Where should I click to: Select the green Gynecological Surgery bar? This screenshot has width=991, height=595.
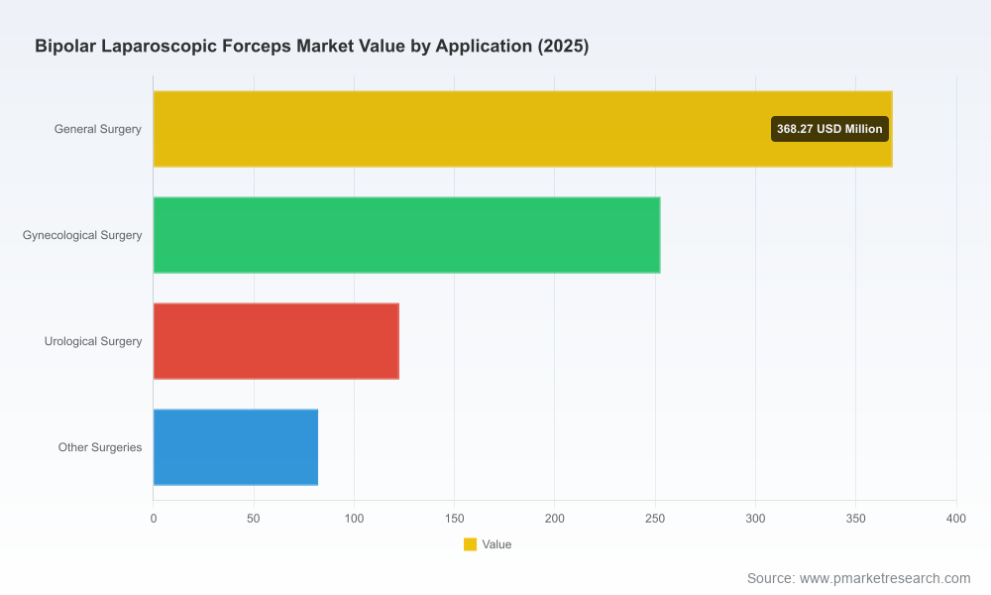407,235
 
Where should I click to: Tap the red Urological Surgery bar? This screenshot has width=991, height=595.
276,341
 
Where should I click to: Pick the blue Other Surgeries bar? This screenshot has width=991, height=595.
236,447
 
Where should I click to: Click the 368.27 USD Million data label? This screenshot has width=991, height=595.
829,129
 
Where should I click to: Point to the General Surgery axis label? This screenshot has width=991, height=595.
97,129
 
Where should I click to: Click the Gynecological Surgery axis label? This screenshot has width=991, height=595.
82,235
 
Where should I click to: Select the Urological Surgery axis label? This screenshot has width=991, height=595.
93,341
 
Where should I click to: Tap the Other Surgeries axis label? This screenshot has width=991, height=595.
100,447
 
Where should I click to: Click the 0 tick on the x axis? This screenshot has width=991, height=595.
154,519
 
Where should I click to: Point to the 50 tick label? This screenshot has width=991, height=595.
254,519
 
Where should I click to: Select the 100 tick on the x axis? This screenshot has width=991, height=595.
354,519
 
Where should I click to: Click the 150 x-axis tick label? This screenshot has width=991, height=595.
455,519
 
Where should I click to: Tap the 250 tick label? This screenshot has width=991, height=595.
655,519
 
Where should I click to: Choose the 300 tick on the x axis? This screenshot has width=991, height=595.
755,519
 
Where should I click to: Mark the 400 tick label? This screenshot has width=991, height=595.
956,519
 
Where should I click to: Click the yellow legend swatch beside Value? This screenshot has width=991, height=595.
470,544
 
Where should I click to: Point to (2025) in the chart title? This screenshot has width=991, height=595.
563,47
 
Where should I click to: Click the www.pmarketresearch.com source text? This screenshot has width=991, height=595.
885,578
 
